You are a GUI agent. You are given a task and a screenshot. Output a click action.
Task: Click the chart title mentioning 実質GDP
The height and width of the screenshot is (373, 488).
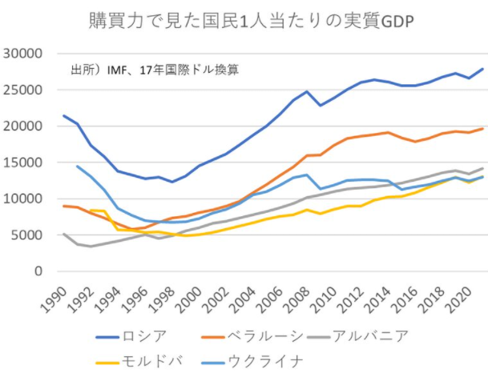pyautogui.click(x=244, y=20)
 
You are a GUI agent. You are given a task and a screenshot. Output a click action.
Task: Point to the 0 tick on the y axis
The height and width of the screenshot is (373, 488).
pyautogui.click(x=38, y=271)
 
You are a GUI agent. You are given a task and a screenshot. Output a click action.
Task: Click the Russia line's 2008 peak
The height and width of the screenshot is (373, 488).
pyautogui.click(x=307, y=92)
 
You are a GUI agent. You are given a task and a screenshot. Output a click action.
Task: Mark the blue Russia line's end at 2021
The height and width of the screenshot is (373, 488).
pyautogui.click(x=482, y=69)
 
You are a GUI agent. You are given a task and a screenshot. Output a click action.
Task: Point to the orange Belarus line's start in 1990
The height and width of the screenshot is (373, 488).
pyautogui.click(x=63, y=207)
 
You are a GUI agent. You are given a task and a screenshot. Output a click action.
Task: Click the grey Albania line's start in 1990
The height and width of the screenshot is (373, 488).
pyautogui.click(x=63, y=235)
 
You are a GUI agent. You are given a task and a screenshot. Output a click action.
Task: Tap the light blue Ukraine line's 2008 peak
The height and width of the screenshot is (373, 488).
pyautogui.click(x=307, y=174)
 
